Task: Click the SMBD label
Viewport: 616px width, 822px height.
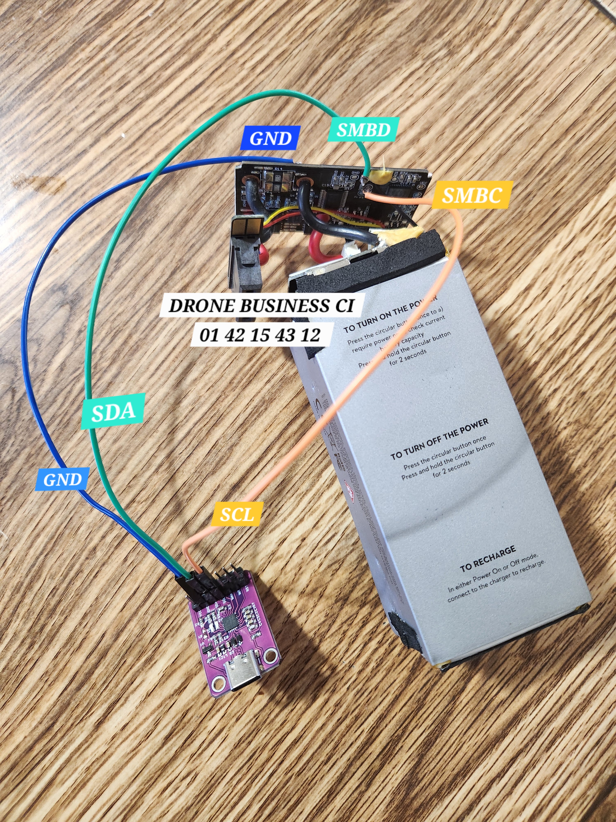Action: pyautogui.click(x=363, y=129)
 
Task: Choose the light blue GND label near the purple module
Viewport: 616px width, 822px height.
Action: pyautogui.click(x=62, y=480)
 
